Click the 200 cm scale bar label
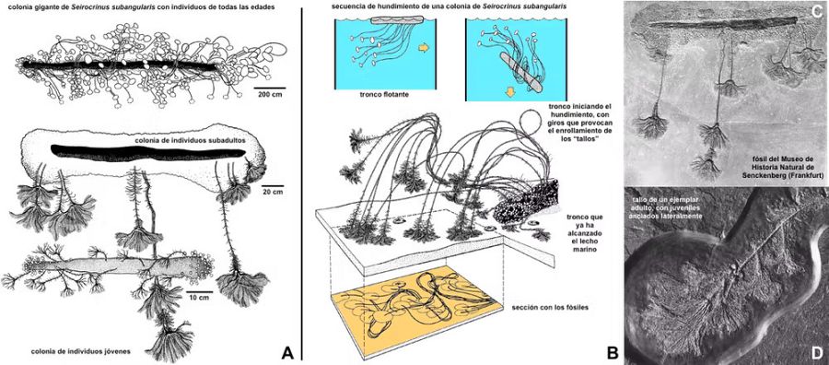pyautogui.click(x=270, y=95)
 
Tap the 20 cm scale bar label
pyautogui.click(x=273, y=193)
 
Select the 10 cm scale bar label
pyautogui.click(x=200, y=298)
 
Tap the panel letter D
pyautogui.click(x=817, y=352)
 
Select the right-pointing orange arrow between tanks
pyautogui.click(x=424, y=48)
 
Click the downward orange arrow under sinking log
pyautogui.click(x=510, y=91)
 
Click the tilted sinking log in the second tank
pyautogui.click(x=520, y=73)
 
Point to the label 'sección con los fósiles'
pyautogui.click(x=546, y=307)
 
